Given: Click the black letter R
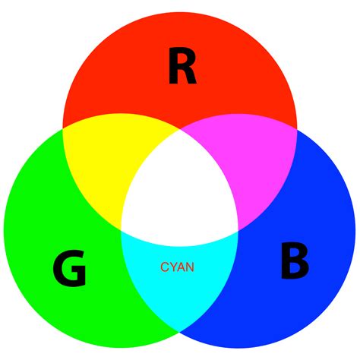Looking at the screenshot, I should click(x=182, y=68).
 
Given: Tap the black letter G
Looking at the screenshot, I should click(x=69, y=269).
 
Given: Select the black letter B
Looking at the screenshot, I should click(x=294, y=261).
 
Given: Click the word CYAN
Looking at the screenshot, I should click(x=177, y=267).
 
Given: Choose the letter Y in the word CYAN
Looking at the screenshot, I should click(x=172, y=267).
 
